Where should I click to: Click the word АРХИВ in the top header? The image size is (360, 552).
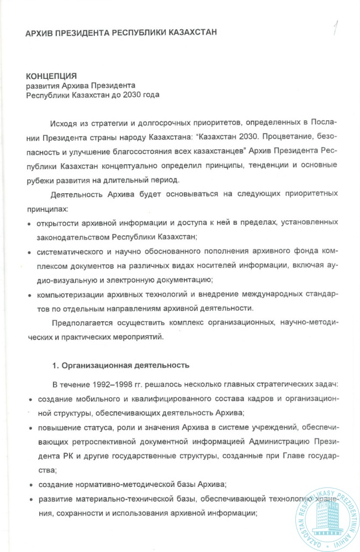click(39, 33)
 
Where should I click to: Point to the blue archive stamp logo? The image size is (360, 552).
click(321, 511)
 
